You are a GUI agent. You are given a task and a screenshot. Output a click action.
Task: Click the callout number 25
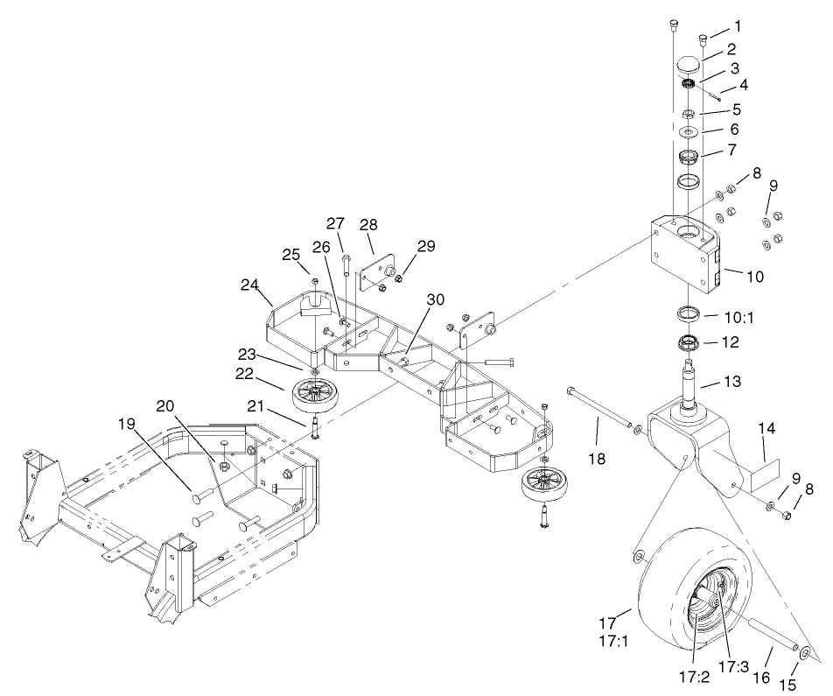coord(290,255)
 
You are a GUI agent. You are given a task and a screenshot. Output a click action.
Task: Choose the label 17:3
coord(732,666)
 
